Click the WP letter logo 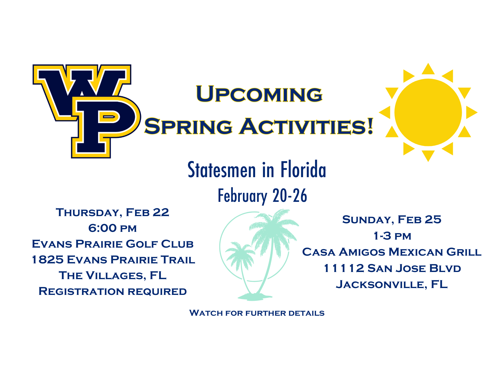pos(87,111)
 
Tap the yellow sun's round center pos(428,112)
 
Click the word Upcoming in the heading pos(259,94)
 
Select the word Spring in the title pos(188,126)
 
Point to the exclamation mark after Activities pos(370,126)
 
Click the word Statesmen pos(222,169)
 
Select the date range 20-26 pos(290,196)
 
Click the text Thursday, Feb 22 pos(113,213)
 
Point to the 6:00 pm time pos(113,228)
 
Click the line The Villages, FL pos(113,275)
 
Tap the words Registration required pos(113,291)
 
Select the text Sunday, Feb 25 pos(392,220)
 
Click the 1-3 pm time pos(392,236)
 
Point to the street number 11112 pos(344,268)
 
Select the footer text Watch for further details pos(257,313)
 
